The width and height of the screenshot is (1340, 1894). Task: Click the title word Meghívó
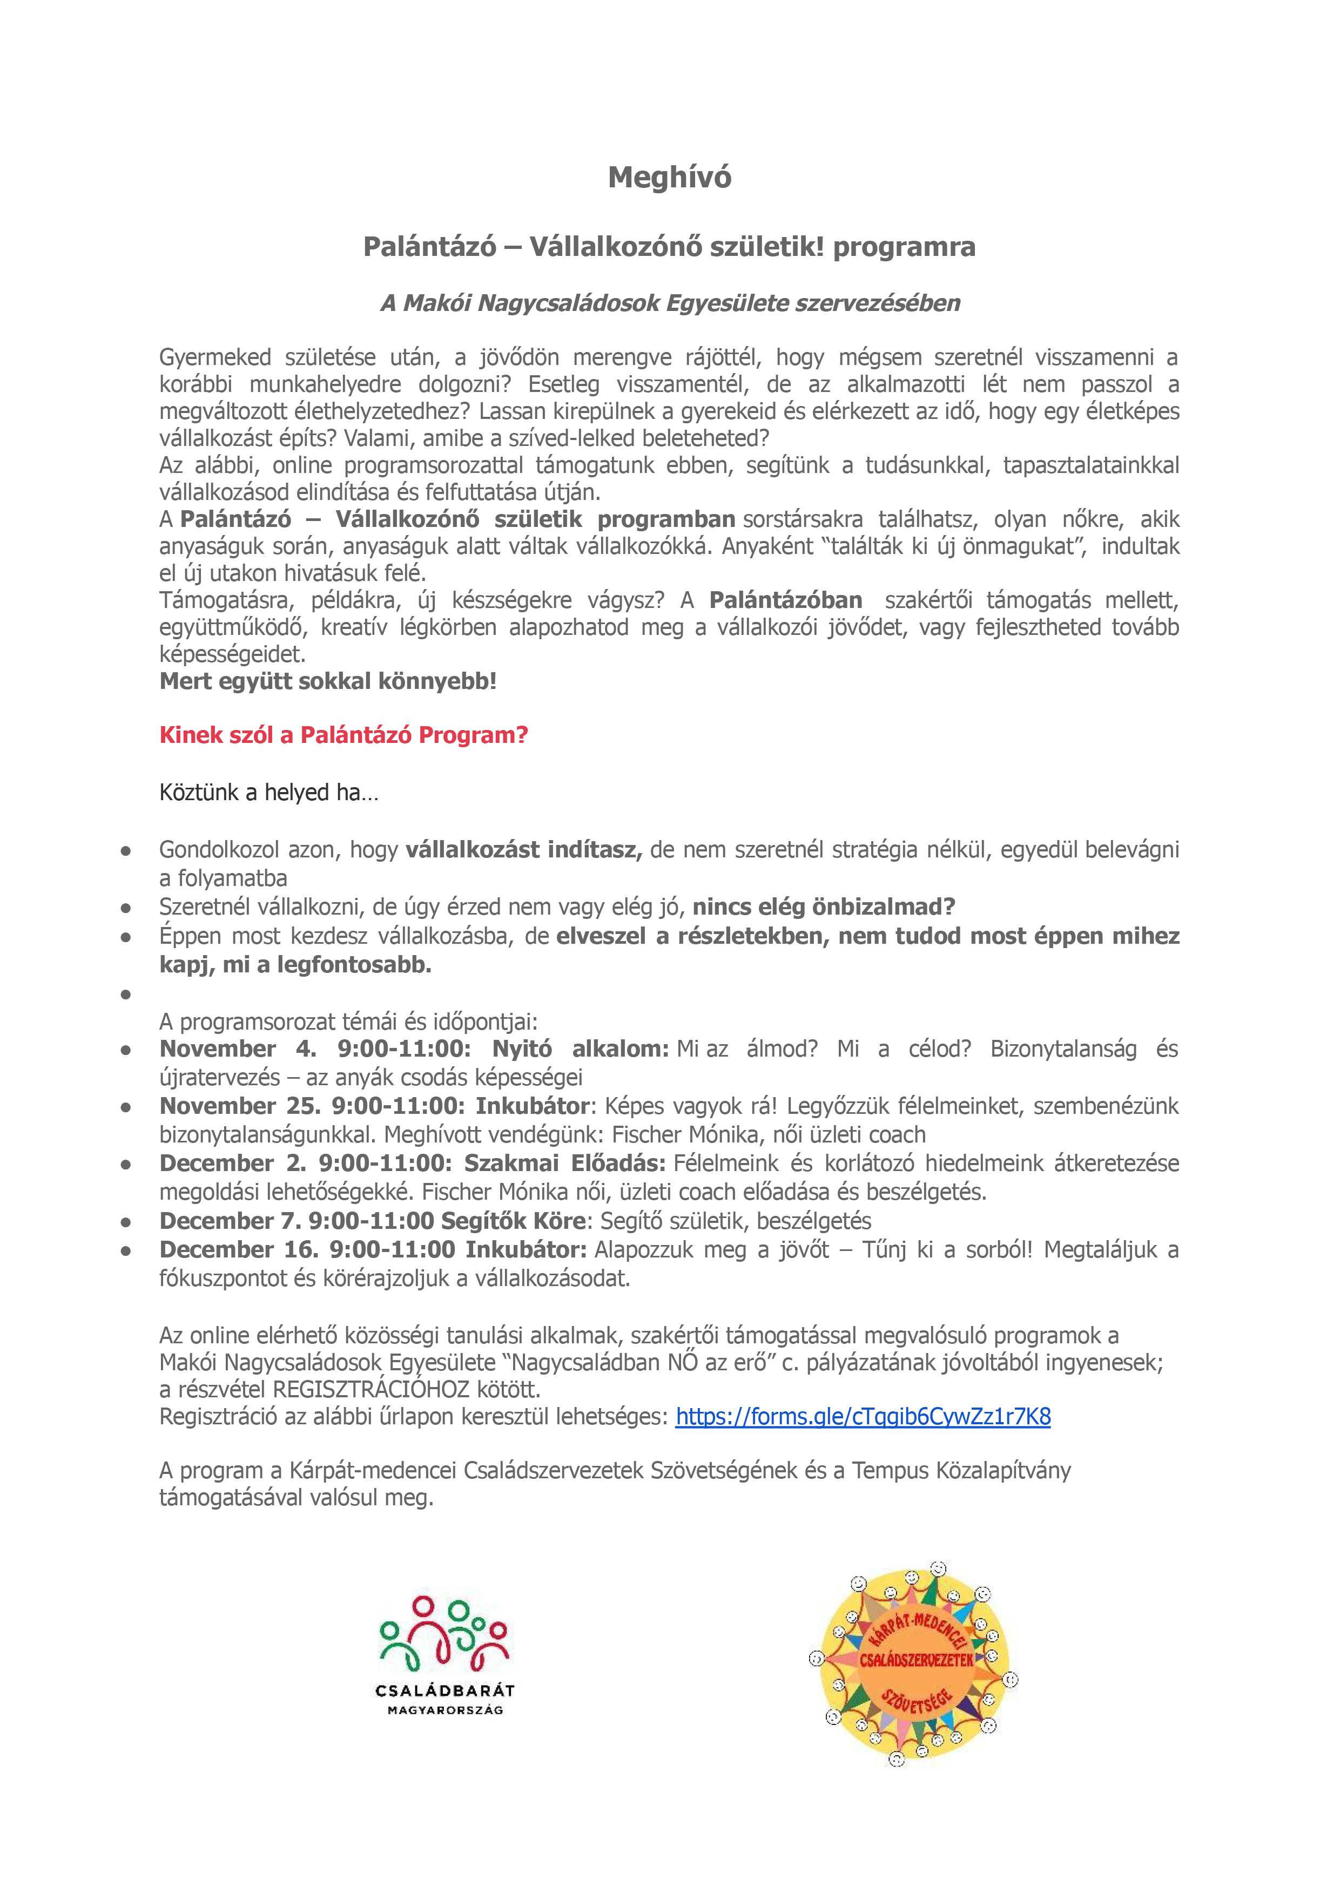pyautogui.click(x=669, y=177)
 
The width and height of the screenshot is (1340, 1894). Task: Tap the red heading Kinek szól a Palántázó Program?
pyautogui.click(x=344, y=735)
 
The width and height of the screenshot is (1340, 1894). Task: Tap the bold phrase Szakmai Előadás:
pyautogui.click(x=564, y=1163)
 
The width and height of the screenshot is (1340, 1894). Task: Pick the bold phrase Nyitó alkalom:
pyautogui.click(x=580, y=1049)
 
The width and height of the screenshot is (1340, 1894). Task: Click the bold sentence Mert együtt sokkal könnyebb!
pyautogui.click(x=328, y=681)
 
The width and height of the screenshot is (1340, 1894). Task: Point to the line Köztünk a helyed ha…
pyautogui.click(x=269, y=793)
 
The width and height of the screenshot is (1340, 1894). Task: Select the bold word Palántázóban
pyautogui.click(x=785, y=600)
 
